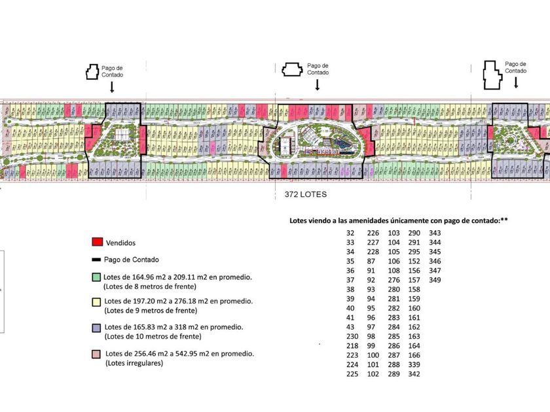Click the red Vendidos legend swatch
[x=97, y=241]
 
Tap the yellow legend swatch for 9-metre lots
[x=97, y=301]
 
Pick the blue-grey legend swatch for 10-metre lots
[x=97, y=326]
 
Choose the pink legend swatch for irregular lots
[x=97, y=354]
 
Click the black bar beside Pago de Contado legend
[x=97, y=260]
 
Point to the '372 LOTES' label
[x=306, y=195]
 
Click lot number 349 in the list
[x=435, y=279]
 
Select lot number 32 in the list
[x=350, y=233]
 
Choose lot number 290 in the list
[x=414, y=233]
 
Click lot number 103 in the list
[x=394, y=233]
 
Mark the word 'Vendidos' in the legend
[x=120, y=241]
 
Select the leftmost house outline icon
[x=90, y=71]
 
